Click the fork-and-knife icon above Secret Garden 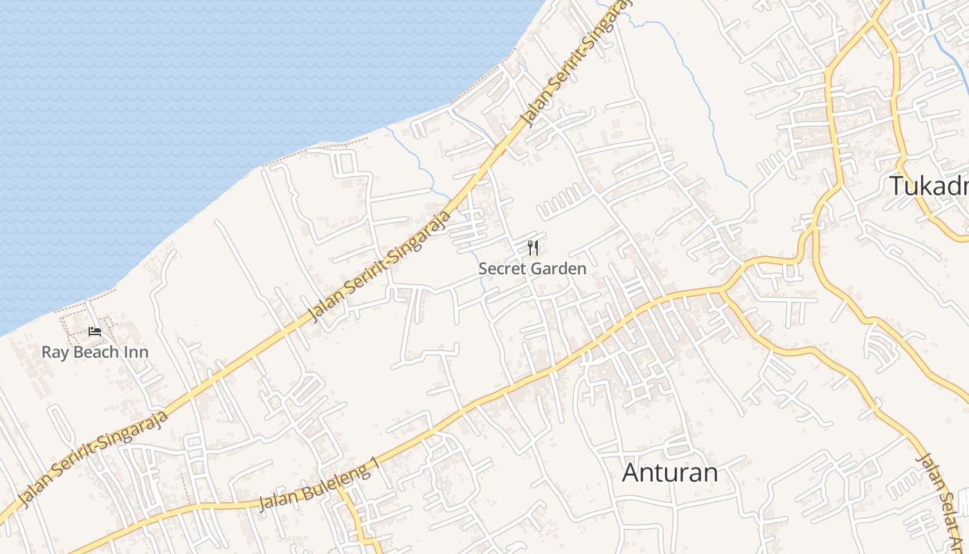coord(533,248)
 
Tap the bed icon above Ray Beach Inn coord(95,332)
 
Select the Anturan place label coord(669,473)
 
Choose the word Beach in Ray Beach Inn coord(96,352)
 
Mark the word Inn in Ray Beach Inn coord(137,352)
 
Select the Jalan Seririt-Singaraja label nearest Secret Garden coord(379,266)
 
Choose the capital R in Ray coord(46,352)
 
